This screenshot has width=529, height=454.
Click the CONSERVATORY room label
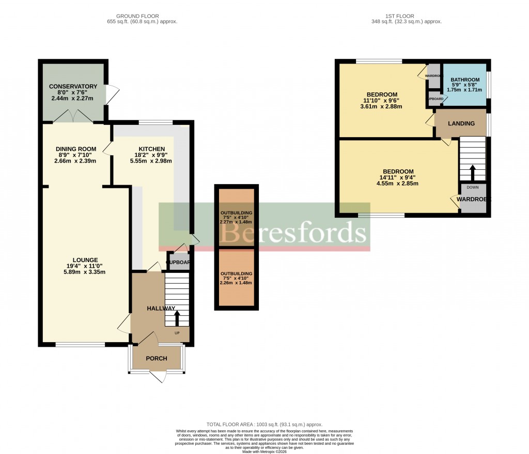coord(73,86)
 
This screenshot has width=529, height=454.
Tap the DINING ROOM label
coord(76,150)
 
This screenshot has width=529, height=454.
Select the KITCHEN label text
coord(151,149)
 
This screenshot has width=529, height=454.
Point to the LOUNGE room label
coord(85,260)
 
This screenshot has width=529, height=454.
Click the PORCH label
coord(157,359)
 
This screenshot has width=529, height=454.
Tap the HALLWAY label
coord(160,308)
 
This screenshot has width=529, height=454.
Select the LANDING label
coord(461,123)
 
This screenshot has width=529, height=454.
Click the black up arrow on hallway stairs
coord(177,317)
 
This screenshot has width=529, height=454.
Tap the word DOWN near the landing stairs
coord(473,188)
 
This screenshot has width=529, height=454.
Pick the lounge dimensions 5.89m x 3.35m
coord(85,272)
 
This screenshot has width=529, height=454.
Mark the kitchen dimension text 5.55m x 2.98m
coord(151,161)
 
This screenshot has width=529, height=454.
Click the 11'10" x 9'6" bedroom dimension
coord(382,101)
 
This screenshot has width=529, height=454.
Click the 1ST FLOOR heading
coord(407,16)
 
